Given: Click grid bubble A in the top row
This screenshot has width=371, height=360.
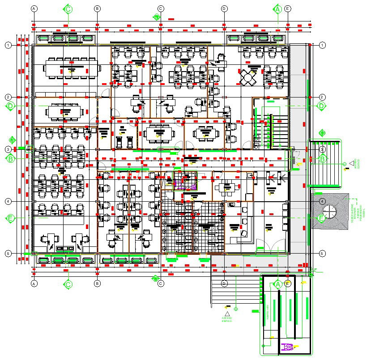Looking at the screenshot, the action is point(34,8).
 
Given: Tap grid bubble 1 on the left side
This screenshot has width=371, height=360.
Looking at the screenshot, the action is point(8,45).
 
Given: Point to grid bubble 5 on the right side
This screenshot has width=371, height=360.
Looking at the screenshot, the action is point(322,254).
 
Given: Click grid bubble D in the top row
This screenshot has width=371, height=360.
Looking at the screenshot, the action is point(224,8).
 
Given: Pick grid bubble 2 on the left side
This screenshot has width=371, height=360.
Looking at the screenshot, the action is point(8,97).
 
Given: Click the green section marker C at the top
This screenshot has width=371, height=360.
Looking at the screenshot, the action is point(68,9).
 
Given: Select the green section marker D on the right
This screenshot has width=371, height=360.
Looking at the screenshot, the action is point(321,106).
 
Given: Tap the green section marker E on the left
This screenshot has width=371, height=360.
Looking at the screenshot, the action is point(11,218).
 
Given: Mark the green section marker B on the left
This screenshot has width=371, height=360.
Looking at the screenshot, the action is point(11,158).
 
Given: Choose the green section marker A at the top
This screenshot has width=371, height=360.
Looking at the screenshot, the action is point(277,9).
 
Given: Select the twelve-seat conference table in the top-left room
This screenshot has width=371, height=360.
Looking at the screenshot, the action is point(70,70).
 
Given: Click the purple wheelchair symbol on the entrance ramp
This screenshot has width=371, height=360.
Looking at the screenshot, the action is point(289,346).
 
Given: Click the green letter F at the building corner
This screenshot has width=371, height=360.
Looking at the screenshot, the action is point(315,270).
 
